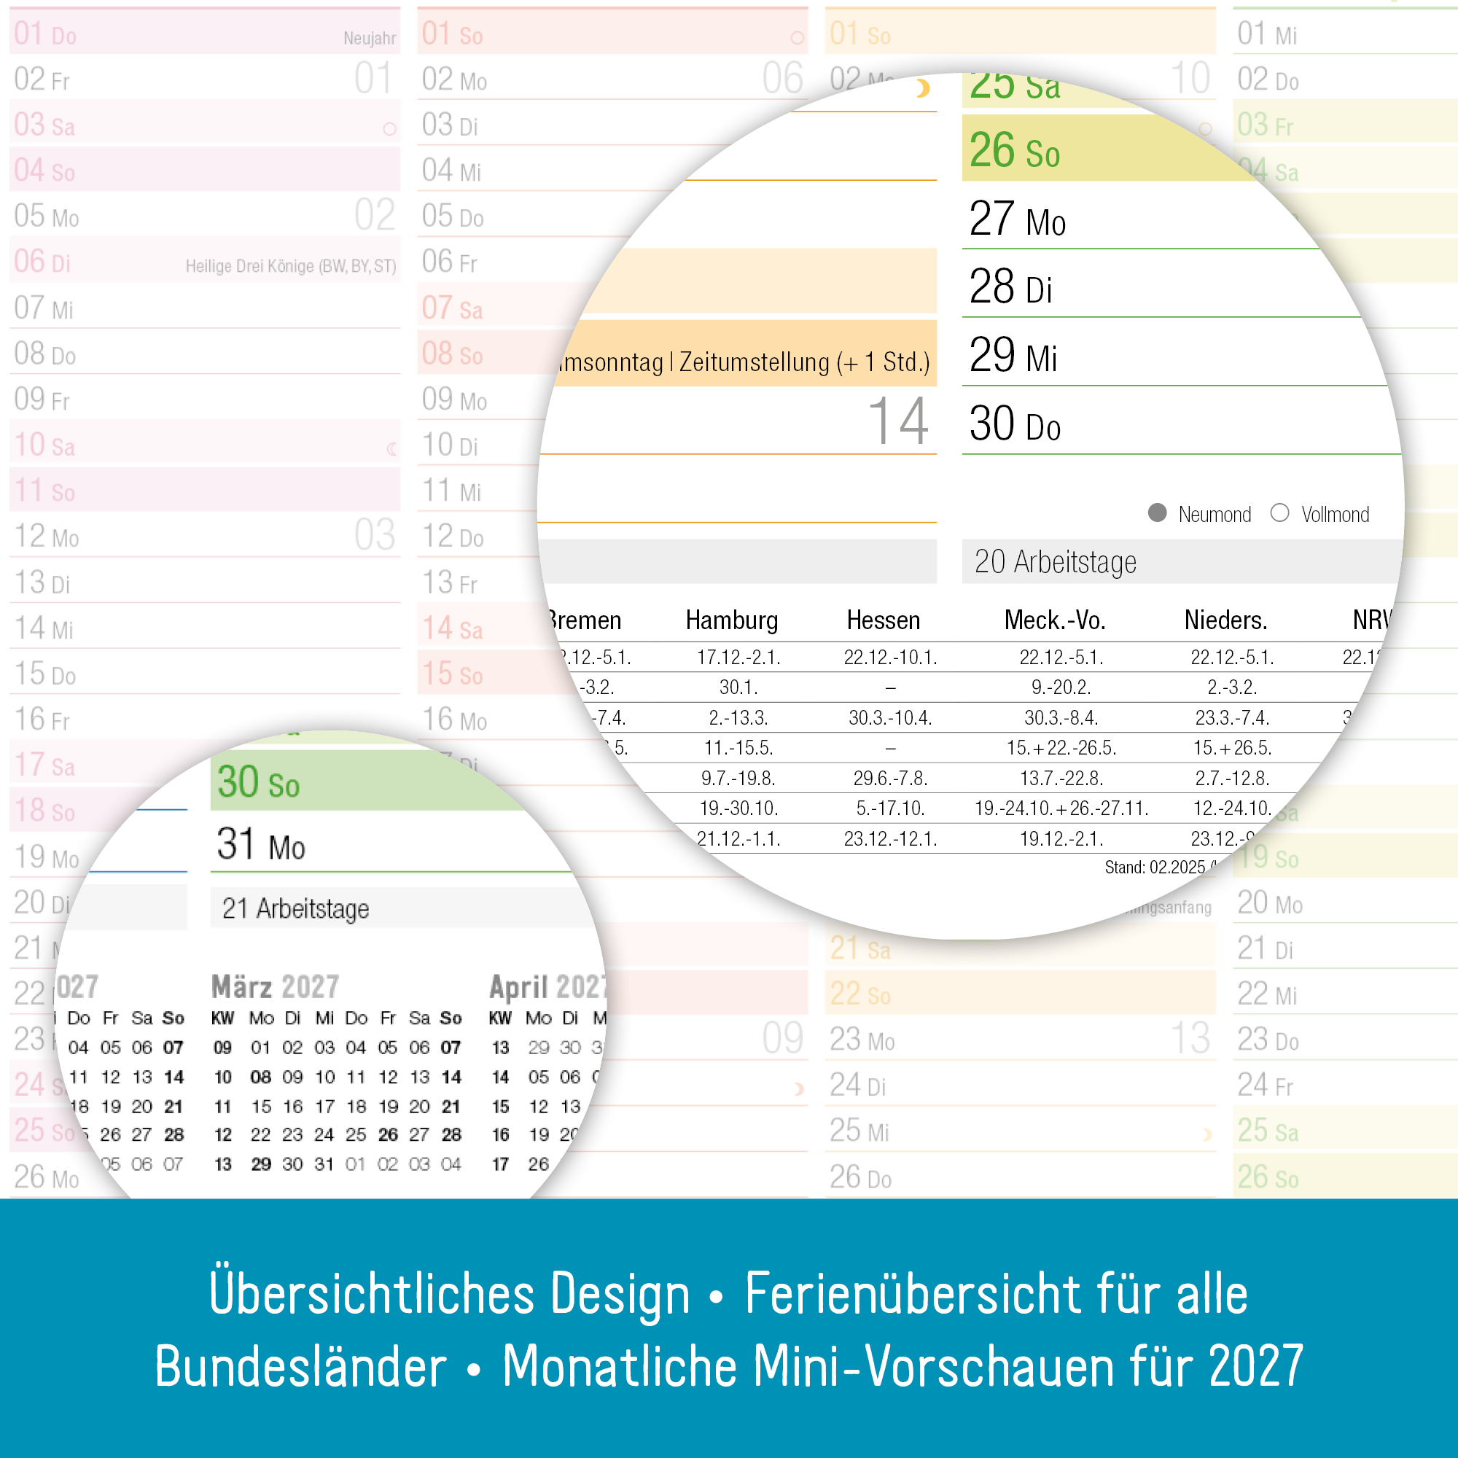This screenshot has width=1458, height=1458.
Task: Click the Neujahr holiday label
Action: tap(369, 39)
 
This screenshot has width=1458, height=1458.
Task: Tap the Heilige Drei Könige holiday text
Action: tap(291, 266)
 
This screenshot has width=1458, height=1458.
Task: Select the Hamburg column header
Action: tap(731, 620)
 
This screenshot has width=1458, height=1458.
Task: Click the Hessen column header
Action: tap(883, 620)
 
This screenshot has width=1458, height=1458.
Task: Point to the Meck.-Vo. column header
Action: tap(1054, 620)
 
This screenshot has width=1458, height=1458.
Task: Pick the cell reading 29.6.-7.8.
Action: tap(891, 778)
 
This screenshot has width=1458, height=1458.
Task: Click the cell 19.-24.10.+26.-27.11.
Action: tap(1061, 808)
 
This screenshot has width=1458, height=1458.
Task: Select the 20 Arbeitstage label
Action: tap(1054, 562)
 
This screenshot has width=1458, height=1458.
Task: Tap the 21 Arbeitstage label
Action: tap(295, 908)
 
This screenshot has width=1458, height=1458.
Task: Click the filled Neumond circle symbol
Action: tap(1157, 513)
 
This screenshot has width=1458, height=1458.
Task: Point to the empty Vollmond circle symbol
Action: tap(1279, 513)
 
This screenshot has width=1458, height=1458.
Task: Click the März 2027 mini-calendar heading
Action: tap(275, 987)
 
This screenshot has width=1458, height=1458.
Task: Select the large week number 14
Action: tap(897, 422)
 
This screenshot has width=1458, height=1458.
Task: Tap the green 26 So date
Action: tap(1014, 150)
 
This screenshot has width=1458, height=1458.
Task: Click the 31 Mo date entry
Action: tap(260, 844)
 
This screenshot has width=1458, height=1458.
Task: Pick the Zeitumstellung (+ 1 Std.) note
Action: tap(803, 363)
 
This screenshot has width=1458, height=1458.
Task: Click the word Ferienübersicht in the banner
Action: tap(913, 1293)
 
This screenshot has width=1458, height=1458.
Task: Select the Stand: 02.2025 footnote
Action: tap(1155, 867)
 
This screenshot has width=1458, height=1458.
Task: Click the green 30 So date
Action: tap(258, 782)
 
